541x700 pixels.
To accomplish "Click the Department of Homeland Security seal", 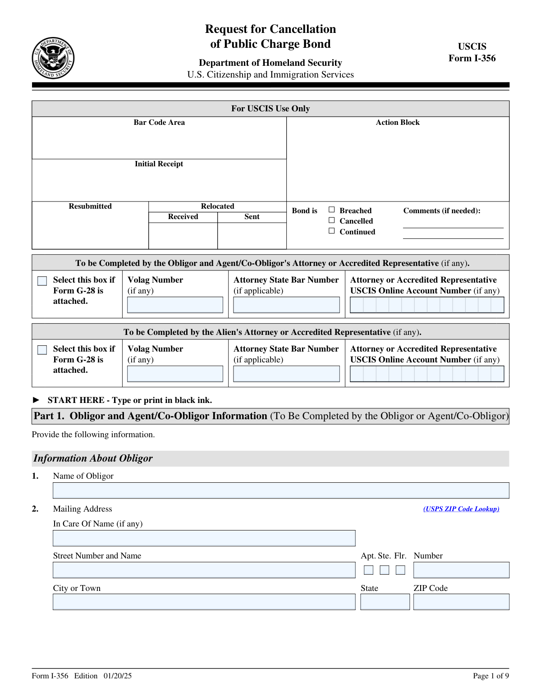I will click(53, 58).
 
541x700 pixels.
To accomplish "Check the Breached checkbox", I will click(332, 210).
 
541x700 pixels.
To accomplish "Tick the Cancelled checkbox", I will click(332, 220).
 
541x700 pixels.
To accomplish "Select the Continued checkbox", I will click(332, 231).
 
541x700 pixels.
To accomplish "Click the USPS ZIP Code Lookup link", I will click(461, 509).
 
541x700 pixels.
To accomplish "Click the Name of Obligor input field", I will click(280, 490).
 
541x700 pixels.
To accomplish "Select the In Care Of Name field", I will click(204, 538).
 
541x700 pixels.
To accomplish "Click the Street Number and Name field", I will click(204, 570).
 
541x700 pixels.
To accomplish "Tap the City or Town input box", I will click(204, 602).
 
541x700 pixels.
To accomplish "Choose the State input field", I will click(385, 602).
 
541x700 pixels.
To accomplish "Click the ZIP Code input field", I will click(461, 602).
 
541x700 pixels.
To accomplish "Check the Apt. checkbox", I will click(368, 570).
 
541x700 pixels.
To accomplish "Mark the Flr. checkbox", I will click(400, 570).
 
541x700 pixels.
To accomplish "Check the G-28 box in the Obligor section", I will click(42, 281).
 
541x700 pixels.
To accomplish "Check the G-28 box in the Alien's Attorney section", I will click(42, 350).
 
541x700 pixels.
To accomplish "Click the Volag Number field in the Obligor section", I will click(175, 305).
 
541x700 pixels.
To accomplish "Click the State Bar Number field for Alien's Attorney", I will click(286, 374).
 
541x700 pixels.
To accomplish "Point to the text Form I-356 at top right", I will click(472, 58).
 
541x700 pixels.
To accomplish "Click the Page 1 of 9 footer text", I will click(491, 676).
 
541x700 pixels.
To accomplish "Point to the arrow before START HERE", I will click(37, 400).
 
